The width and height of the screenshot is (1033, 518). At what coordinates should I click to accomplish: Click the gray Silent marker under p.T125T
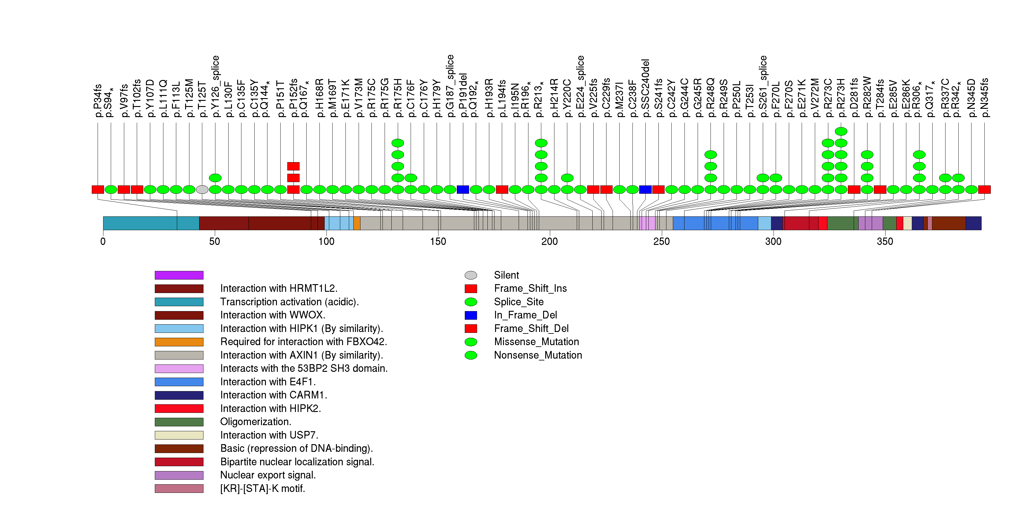(x=202, y=189)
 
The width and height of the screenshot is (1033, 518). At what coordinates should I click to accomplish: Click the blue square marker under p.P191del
(x=463, y=189)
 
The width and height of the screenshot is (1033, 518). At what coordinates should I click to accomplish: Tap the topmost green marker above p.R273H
(x=841, y=131)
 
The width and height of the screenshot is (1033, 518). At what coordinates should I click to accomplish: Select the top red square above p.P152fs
(x=293, y=166)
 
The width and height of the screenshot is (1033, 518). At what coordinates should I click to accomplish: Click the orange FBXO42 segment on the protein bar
(x=357, y=223)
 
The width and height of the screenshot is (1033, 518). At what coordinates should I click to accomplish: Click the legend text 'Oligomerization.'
(x=255, y=422)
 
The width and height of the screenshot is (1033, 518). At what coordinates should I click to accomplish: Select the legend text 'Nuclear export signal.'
(x=268, y=475)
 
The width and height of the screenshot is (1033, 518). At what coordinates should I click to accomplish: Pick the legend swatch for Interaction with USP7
(x=179, y=435)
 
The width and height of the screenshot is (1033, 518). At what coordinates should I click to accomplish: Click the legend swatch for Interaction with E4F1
(x=179, y=382)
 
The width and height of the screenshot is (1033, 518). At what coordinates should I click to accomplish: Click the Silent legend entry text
(x=506, y=275)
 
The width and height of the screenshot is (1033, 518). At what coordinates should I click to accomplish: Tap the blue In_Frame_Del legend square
(x=471, y=315)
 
